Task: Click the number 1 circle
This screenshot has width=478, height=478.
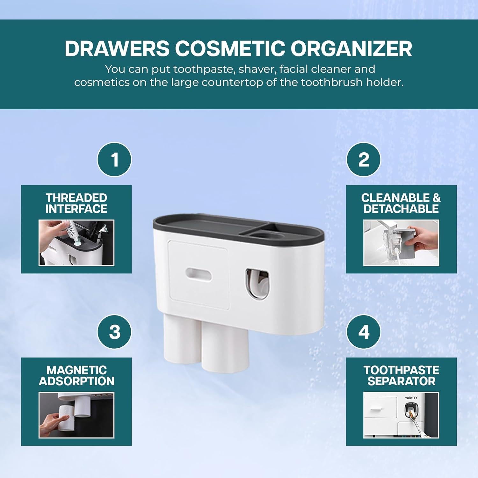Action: (x=114, y=159)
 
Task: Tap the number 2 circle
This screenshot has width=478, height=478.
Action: (x=364, y=159)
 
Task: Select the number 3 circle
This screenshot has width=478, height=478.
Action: (x=114, y=332)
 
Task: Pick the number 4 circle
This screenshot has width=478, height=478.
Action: (x=364, y=332)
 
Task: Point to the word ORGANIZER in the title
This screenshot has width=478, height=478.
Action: (x=351, y=48)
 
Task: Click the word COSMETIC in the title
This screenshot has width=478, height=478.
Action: (x=230, y=48)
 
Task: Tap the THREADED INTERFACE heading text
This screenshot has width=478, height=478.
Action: (x=76, y=203)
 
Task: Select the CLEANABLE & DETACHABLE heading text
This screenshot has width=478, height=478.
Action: (x=401, y=203)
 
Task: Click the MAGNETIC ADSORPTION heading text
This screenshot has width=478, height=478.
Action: (x=76, y=375)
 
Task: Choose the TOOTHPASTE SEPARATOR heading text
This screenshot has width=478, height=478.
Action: (x=401, y=375)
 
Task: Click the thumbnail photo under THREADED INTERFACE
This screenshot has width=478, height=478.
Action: (x=76, y=243)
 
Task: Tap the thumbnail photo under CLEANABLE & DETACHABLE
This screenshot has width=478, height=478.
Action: (x=401, y=243)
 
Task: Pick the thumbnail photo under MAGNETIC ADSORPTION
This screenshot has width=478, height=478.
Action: (x=76, y=415)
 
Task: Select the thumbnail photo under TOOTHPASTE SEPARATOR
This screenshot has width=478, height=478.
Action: (x=401, y=415)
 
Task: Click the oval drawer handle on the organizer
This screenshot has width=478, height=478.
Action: (x=198, y=274)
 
